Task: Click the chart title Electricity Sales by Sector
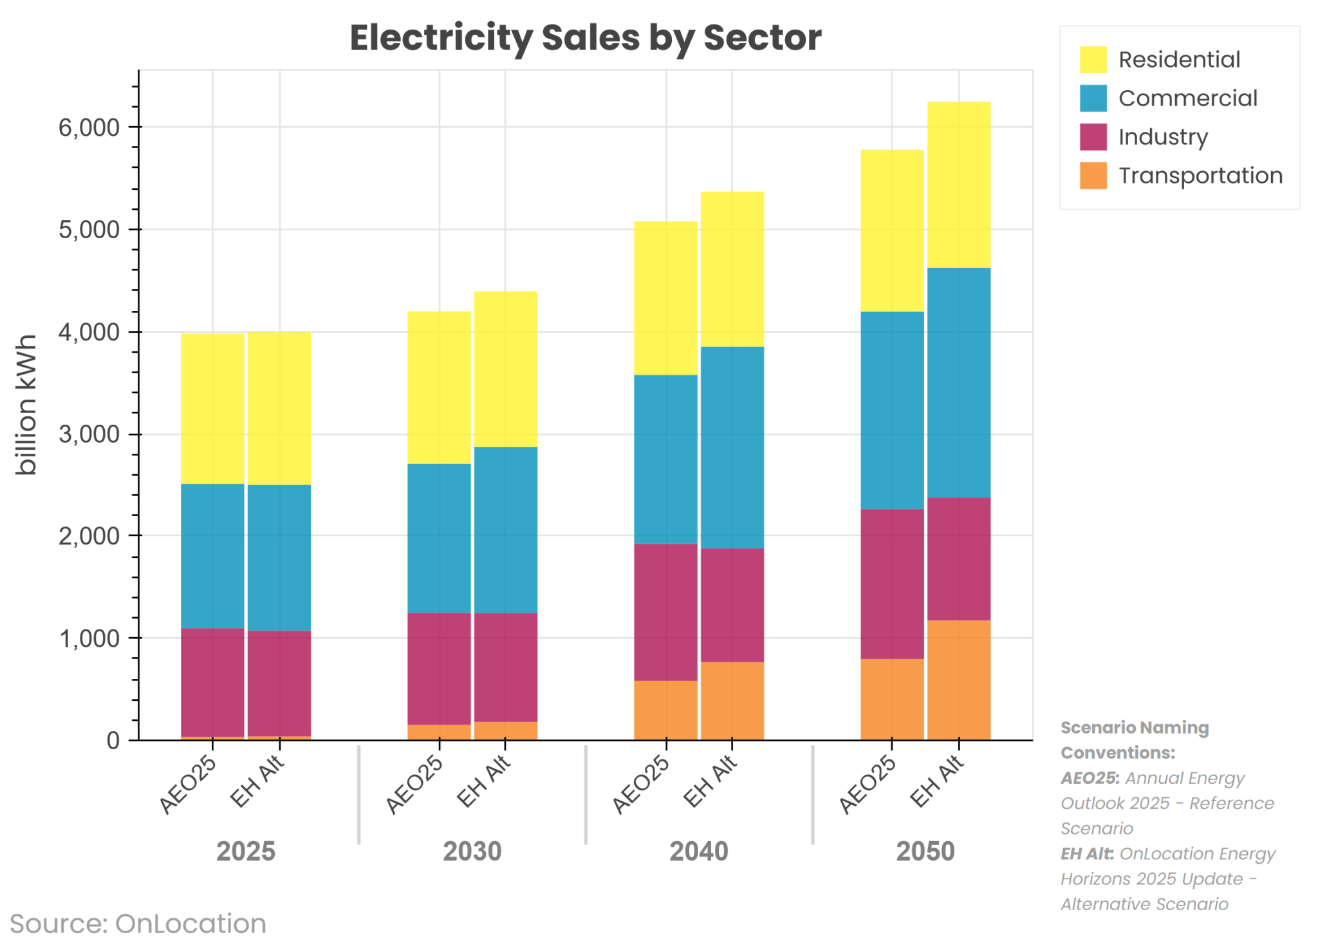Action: (x=585, y=37)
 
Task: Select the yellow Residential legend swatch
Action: (x=1093, y=59)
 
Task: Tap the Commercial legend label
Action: (x=1187, y=98)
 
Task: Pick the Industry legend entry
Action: (x=1162, y=137)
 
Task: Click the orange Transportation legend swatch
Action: (x=1093, y=176)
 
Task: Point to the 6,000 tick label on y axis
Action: (x=89, y=127)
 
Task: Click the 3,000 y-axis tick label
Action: (x=89, y=434)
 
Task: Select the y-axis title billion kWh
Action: (x=26, y=405)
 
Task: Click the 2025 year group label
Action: (x=245, y=851)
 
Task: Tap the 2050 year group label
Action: (x=925, y=851)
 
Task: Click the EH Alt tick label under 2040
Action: (x=709, y=781)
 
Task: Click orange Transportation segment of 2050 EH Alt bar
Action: (x=958, y=680)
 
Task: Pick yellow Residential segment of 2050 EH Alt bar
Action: (x=958, y=185)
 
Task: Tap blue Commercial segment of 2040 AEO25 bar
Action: (x=665, y=460)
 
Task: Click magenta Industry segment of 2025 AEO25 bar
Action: (x=212, y=682)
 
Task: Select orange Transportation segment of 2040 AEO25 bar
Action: (x=665, y=710)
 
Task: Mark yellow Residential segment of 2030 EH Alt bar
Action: (x=505, y=369)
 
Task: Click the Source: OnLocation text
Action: (x=138, y=924)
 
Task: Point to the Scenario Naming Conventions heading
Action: (x=1134, y=740)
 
